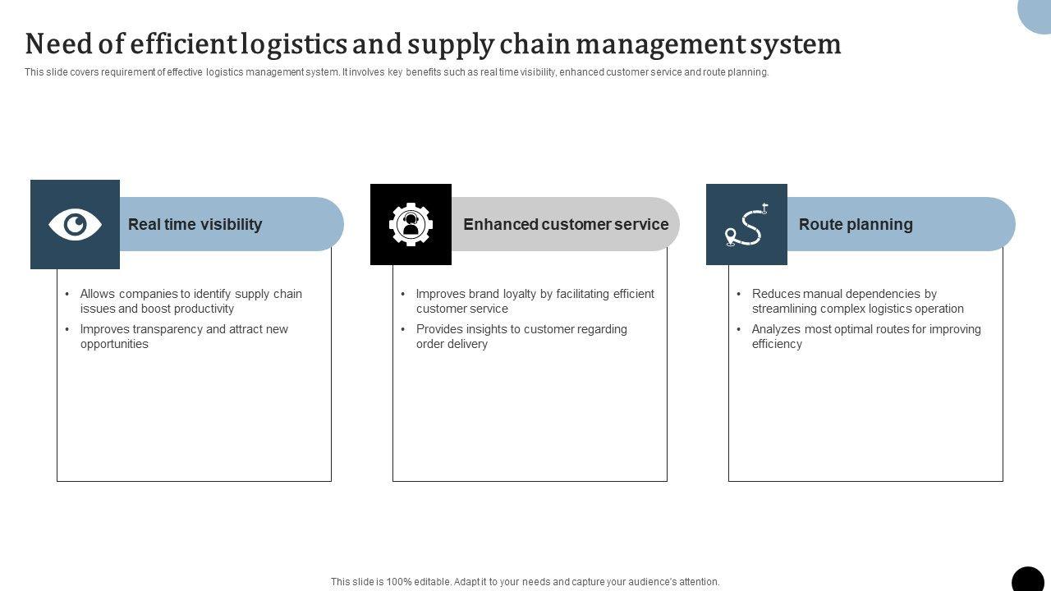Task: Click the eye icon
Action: tap(75, 224)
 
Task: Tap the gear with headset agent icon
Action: tap(411, 224)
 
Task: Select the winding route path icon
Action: tap(746, 225)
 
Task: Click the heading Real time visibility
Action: tap(195, 224)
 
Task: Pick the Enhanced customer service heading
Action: tap(566, 224)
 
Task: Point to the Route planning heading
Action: tap(856, 224)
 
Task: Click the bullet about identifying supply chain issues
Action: tap(190, 301)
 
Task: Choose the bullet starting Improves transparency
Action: tap(184, 337)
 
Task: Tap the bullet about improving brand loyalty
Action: tap(535, 301)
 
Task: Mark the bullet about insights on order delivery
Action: tap(521, 337)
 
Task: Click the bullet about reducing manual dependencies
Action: tap(857, 301)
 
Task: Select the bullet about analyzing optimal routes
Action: tap(866, 337)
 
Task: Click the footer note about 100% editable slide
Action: tap(525, 582)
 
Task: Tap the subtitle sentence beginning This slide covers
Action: tap(397, 72)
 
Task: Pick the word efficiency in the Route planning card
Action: tap(777, 344)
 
